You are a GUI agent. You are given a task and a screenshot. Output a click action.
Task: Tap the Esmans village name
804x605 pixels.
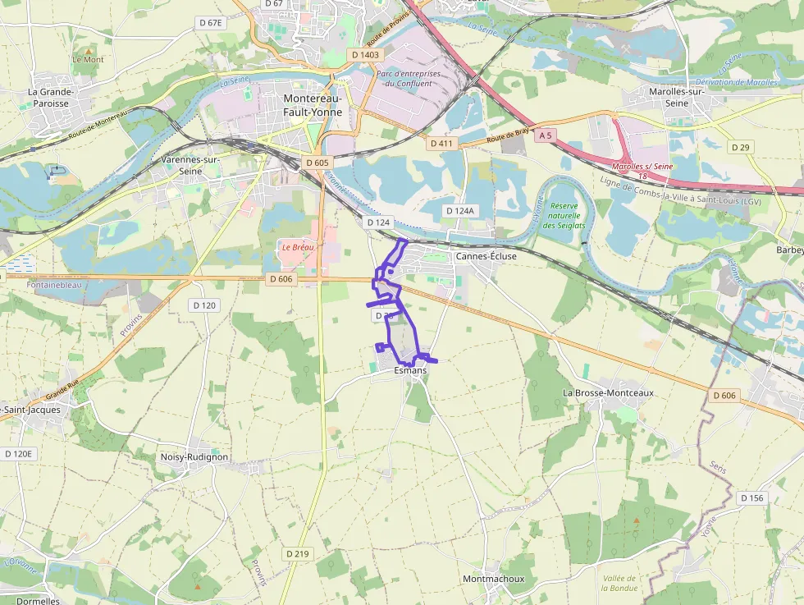coord(410,371)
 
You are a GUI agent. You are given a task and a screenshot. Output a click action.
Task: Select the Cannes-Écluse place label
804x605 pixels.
coord(486,256)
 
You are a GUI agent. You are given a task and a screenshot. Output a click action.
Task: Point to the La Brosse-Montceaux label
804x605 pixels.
coord(608,392)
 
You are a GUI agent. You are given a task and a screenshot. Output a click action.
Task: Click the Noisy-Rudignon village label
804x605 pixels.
coord(194,456)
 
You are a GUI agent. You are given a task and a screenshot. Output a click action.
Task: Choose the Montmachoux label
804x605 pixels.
coord(493,579)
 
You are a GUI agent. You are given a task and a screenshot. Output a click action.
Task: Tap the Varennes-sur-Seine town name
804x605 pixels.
coord(190,165)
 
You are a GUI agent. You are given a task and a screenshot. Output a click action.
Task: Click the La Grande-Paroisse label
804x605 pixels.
coord(51,98)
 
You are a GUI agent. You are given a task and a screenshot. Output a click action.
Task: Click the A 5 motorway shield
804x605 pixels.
coord(544,134)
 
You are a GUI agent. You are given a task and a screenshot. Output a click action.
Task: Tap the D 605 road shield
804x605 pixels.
coord(317,163)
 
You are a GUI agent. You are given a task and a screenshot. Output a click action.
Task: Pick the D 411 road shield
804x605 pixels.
coord(441,143)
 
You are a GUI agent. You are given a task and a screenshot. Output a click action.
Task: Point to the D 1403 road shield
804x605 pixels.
coord(366,54)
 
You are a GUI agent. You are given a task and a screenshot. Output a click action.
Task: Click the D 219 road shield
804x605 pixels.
coord(298,553)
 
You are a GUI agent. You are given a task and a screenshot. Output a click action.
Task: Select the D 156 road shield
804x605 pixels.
coord(751,497)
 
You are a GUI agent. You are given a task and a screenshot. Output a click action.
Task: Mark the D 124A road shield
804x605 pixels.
coord(459,211)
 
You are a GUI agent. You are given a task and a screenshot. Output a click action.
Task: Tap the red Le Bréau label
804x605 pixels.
coord(297,246)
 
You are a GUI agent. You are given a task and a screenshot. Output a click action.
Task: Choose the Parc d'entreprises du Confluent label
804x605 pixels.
coord(408,78)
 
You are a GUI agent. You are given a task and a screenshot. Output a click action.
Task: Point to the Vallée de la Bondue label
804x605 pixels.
coord(619,582)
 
